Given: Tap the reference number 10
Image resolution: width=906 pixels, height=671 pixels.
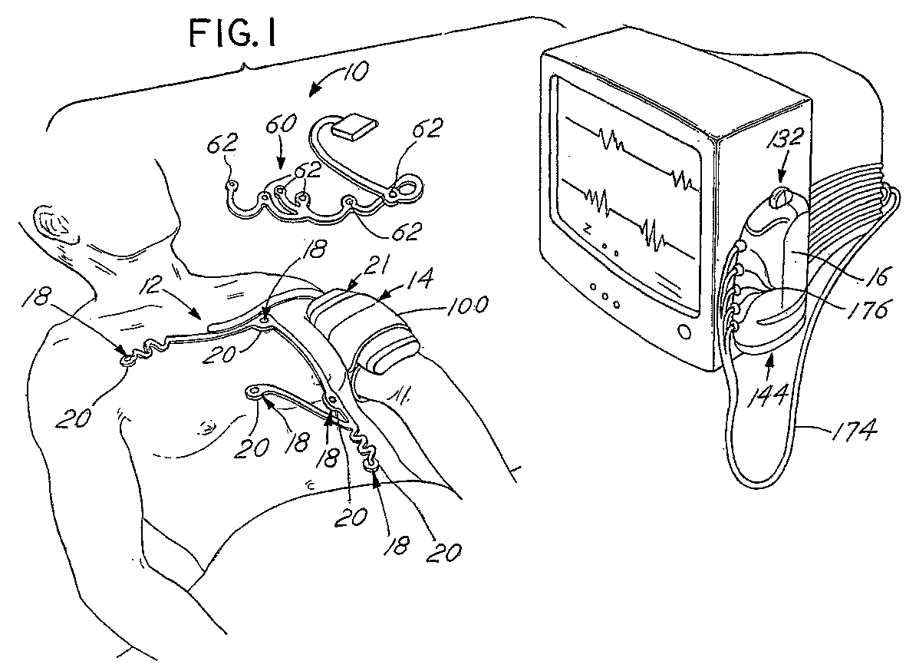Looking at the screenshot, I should point(353,74).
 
